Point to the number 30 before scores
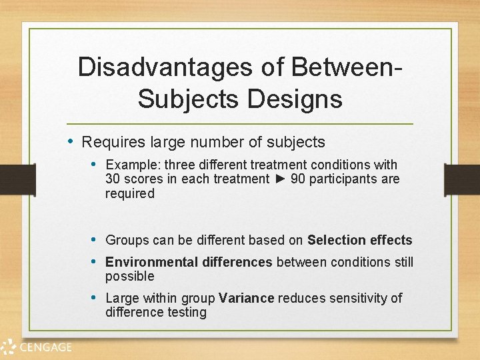pyautogui.click(x=113, y=179)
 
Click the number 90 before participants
pyautogui.click(x=299, y=179)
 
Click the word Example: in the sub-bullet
pyautogui.click(x=133, y=165)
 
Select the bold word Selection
pyautogui.click(x=337, y=240)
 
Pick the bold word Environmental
pyautogui.click(x=146, y=262)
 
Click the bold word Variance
pyautogui.click(x=246, y=298)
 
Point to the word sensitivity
pyautogui.click(x=354, y=298)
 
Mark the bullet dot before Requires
pyautogui.click(x=73, y=141)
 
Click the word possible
pyautogui.click(x=129, y=276)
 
